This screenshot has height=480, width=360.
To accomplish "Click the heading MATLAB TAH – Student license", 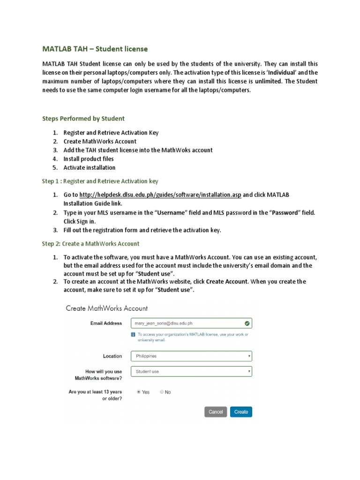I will pos(95,49).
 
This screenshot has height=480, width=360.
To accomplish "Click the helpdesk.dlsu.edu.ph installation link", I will pos(160,195).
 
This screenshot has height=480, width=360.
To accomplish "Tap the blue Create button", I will pos(241,412).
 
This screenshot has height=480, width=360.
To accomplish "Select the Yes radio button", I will pos(138,392).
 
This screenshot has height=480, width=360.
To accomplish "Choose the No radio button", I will pos(162,392).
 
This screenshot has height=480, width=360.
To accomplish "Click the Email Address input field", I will pos(187,323).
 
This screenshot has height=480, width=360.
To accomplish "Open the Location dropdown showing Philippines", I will pos(191,356).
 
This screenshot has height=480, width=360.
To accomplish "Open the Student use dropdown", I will pos(191,371).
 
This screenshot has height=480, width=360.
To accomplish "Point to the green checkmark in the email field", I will pos(247,323).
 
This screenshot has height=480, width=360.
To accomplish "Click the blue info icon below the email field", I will pos(134,335).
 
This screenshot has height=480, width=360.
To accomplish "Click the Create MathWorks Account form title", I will pos(107,308).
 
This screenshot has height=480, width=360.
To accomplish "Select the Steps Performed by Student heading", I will pos(83,119).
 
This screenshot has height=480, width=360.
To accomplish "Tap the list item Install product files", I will pos(89,159).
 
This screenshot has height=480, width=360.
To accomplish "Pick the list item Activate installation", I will pos(90,168).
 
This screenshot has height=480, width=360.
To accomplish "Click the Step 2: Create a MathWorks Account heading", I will pos(90,244).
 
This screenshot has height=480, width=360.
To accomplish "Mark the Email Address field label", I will pos(106,323).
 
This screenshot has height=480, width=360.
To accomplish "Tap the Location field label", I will pos(112,356).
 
